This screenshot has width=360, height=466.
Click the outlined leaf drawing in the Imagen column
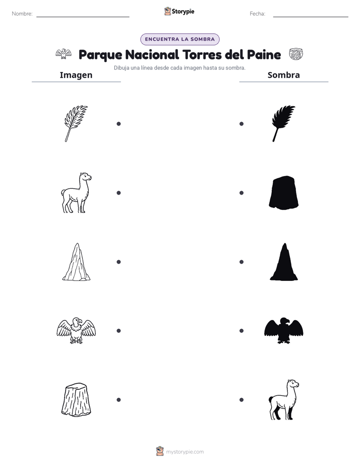point(76,123)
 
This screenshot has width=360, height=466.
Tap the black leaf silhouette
point(283,123)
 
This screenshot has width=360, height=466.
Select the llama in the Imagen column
point(76,193)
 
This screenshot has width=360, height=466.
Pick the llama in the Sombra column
point(284,399)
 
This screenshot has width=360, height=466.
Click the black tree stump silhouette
point(284,193)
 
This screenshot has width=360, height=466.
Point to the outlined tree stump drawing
point(76,399)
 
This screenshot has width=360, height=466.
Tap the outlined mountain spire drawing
point(76,262)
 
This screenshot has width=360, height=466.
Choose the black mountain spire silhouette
point(284,262)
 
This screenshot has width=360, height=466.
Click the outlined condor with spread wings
point(76,330)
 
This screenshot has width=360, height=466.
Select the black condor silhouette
point(284,330)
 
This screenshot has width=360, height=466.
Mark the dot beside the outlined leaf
point(118,124)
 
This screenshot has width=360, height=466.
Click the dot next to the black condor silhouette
point(242,330)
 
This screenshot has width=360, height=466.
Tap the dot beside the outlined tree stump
point(118,400)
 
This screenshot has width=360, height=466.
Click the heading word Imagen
point(76,75)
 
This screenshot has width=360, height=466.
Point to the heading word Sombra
point(284,75)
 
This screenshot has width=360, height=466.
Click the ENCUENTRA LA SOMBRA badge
point(179,39)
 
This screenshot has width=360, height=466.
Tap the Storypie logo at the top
point(179,11)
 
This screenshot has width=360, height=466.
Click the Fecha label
point(257,14)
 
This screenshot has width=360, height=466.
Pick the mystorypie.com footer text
point(185,452)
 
